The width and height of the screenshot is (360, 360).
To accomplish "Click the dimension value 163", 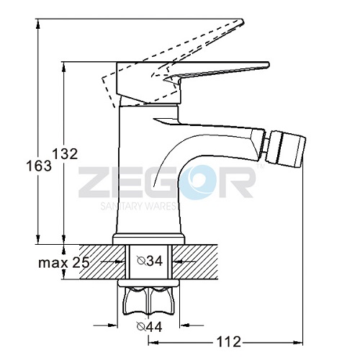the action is pos(39,166).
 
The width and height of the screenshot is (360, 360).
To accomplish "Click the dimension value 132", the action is pos(65,154).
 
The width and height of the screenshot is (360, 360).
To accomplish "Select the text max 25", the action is pos(64,263).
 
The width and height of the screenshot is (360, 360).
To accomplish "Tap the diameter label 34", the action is pos(150,261).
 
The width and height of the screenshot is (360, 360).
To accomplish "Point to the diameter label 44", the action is pos(149,326).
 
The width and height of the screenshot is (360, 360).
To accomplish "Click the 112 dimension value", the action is pos(228,341).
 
